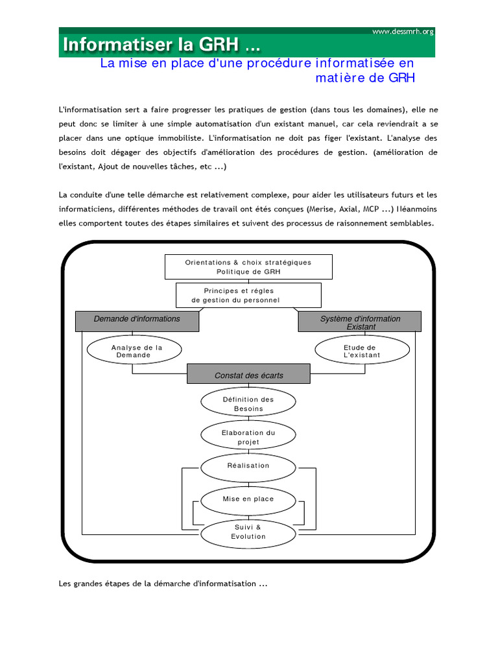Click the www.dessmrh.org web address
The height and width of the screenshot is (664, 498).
pos(403,31)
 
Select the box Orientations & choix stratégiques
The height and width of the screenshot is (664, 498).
pos(248,267)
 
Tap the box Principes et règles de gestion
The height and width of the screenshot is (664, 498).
pos(248,296)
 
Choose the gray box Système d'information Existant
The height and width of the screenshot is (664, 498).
pos(360,322)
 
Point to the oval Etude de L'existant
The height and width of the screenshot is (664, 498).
pos(362,351)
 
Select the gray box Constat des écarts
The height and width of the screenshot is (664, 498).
pos(248,375)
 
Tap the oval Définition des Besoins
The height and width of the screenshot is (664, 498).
pos(248,404)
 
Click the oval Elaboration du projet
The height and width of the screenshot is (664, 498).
pos(248,437)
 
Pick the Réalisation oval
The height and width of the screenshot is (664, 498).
pos(248,466)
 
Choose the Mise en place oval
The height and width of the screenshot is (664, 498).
pos(248,499)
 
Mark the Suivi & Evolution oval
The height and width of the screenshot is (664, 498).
pos(248,532)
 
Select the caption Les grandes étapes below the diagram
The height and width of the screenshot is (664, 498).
pos(163,584)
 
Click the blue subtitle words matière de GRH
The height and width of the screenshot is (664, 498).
pos(364,78)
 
